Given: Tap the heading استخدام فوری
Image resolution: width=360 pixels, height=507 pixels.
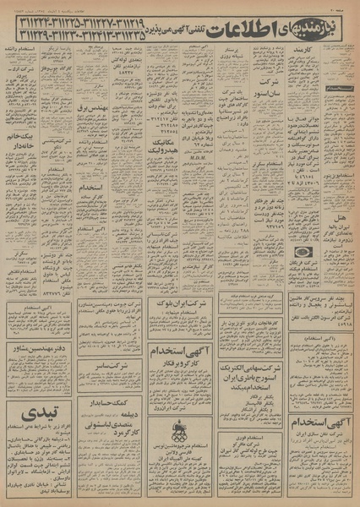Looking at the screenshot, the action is click(250, 438).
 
